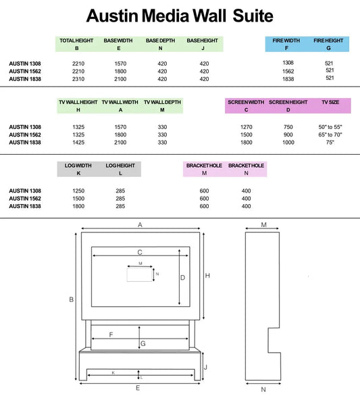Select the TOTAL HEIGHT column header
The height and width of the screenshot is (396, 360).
point(76,41)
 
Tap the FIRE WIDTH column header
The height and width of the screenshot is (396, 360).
point(287,41)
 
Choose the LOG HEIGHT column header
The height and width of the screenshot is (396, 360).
point(120,165)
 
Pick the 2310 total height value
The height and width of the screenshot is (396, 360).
point(77,78)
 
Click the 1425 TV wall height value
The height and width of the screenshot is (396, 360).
point(78,143)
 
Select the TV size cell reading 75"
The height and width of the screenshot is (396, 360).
point(330,143)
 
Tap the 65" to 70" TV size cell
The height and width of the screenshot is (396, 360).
point(330,134)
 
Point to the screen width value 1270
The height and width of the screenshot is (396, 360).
point(247,126)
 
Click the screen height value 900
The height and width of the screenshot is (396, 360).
point(288,134)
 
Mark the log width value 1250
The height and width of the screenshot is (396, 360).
point(78,191)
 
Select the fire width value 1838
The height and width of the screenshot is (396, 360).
point(288,78)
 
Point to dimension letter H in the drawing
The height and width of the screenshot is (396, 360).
point(208,275)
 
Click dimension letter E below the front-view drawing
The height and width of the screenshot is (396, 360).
point(138,389)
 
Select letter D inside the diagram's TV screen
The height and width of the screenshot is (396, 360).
point(182,278)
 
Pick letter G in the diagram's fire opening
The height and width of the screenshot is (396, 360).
point(143,345)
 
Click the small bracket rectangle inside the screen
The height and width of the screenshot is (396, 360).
point(139,274)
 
